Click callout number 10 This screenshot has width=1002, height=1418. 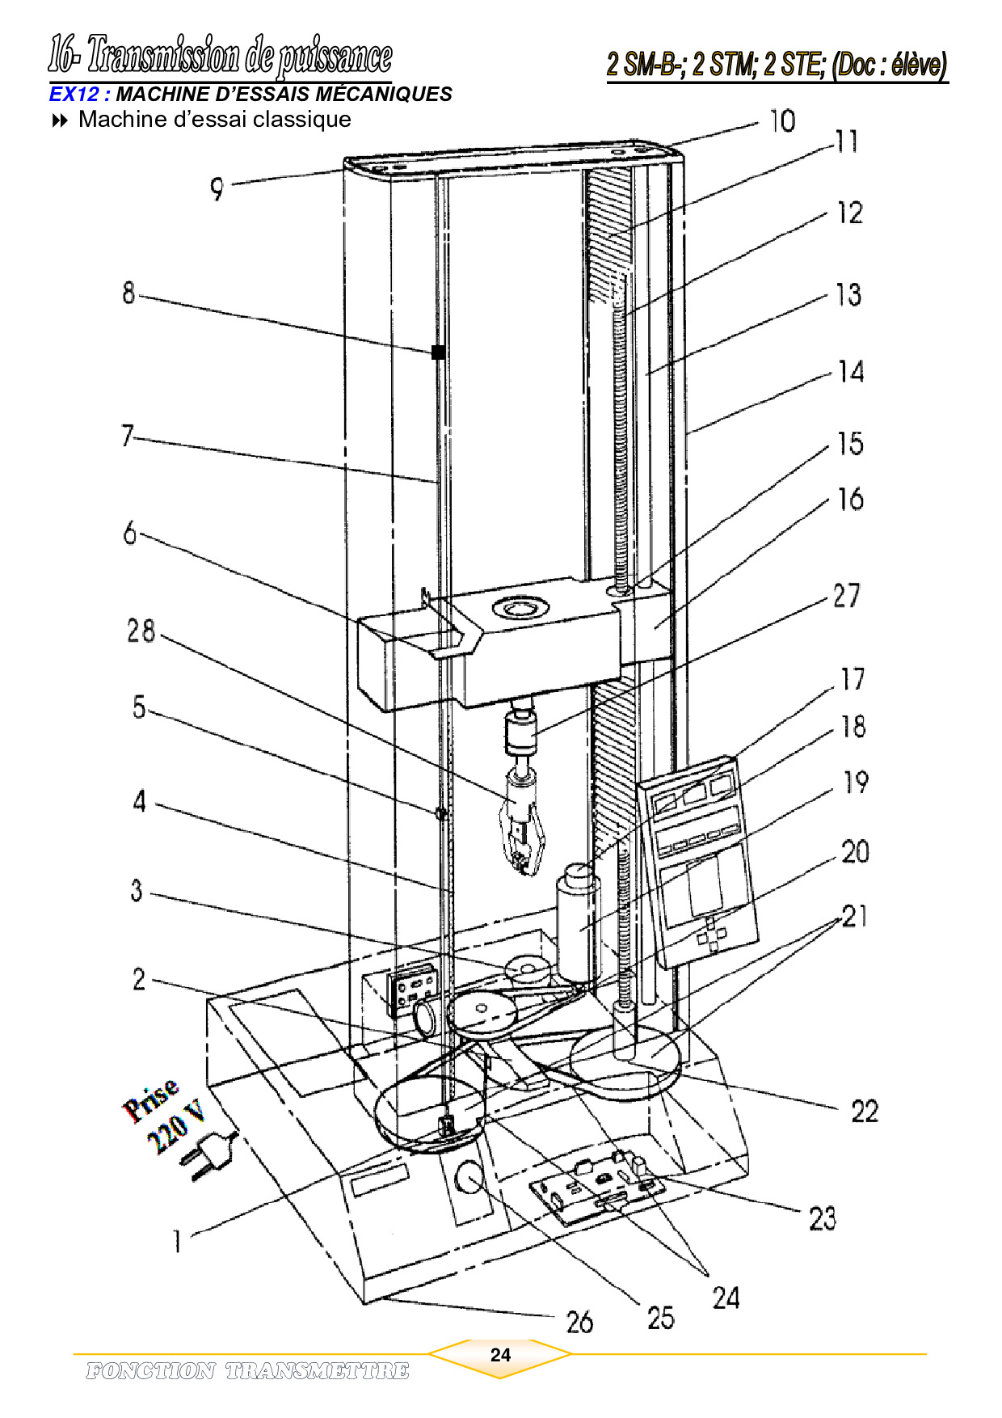(x=782, y=121)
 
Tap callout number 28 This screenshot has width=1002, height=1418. (x=141, y=631)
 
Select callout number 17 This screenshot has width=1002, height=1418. (x=853, y=679)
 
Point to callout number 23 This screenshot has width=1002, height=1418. (x=823, y=1218)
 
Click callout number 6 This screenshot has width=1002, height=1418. (x=130, y=534)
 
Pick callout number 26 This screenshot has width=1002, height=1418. (x=579, y=1322)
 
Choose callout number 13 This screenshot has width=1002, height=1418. (x=848, y=295)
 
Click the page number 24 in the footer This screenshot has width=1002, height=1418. (x=500, y=1355)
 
